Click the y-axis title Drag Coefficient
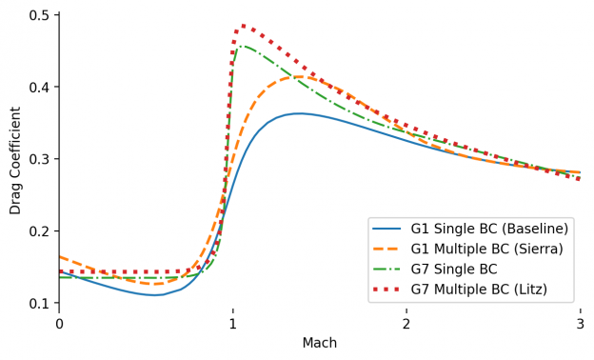click(x=15, y=161)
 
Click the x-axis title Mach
click(x=319, y=343)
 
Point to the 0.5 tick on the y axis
click(x=40, y=15)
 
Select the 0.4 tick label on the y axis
click(x=40, y=88)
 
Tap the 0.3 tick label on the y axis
click(x=40, y=159)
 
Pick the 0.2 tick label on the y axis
click(x=40, y=231)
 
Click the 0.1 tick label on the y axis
click(x=40, y=303)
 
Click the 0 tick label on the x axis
click(x=59, y=325)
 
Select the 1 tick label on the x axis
click(x=232, y=325)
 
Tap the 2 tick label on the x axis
click(x=406, y=325)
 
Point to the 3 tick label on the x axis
click(x=580, y=325)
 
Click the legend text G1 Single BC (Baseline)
click(x=489, y=230)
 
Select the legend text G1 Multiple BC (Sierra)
click(x=489, y=250)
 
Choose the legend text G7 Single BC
click(x=454, y=270)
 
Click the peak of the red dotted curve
click(x=244, y=26)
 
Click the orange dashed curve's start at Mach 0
click(x=59, y=256)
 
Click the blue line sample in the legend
click(x=387, y=230)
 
